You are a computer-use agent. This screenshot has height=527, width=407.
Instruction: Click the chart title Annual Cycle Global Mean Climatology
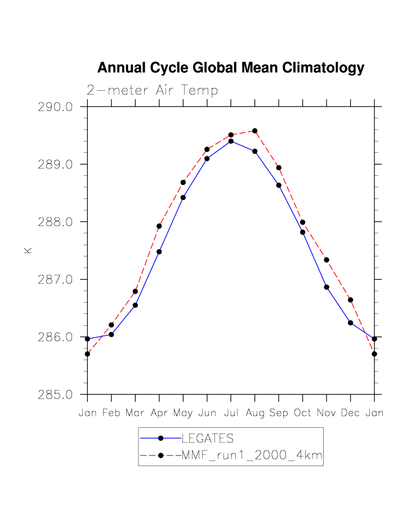point(231,68)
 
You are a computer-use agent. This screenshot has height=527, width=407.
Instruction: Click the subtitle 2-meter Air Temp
point(152,90)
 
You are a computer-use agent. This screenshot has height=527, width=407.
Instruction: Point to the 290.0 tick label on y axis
point(56,107)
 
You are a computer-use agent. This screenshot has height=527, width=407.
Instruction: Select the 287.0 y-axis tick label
point(56,280)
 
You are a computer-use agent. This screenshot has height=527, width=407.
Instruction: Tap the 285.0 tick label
point(56,395)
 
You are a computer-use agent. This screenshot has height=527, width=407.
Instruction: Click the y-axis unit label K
point(28,250)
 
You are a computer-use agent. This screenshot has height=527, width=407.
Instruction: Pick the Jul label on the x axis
point(231,413)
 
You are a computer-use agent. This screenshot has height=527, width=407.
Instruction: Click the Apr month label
point(159,413)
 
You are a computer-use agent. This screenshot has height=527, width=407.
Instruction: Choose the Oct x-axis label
point(302,413)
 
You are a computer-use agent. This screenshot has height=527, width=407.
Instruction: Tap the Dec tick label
point(350,413)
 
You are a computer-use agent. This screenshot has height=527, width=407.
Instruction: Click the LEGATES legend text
point(207,439)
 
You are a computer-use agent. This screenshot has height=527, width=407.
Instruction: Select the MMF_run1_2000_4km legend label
point(252,456)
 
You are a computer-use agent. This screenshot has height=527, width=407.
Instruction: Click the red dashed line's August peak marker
point(255,131)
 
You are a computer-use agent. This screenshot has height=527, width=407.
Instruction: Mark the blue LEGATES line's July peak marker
point(231,141)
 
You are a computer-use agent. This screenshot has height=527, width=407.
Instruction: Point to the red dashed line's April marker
point(159,226)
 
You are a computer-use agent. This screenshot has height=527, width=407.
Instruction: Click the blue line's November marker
point(327,287)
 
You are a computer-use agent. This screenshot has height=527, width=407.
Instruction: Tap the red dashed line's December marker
point(350,300)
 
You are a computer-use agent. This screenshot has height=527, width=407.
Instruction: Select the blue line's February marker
point(111,334)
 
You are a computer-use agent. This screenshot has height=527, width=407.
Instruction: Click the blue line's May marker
point(183,197)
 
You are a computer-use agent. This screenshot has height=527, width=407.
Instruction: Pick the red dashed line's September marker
point(279,167)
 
